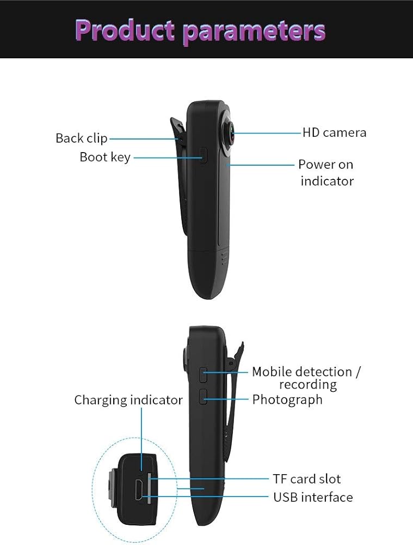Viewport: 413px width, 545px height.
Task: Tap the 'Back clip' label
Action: (x=82, y=138)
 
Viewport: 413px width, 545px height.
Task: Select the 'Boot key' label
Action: (x=105, y=158)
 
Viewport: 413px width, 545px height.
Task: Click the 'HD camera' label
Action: (x=334, y=132)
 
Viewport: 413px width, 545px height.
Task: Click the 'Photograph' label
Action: (x=287, y=399)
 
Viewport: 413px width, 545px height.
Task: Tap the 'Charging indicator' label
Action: (x=128, y=400)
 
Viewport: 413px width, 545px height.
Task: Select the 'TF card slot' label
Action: (x=306, y=479)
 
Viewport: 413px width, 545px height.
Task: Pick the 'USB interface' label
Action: (x=313, y=497)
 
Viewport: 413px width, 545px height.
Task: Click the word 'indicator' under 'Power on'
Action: (x=327, y=180)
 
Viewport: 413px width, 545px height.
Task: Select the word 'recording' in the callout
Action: (x=307, y=384)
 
